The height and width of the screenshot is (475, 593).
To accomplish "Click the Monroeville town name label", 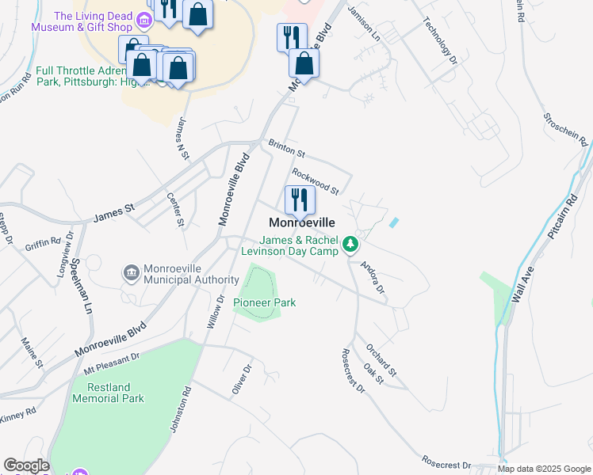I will (302, 223).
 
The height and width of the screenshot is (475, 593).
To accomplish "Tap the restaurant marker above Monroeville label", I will (300, 199).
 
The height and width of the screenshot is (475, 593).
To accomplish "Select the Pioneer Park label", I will (258, 302).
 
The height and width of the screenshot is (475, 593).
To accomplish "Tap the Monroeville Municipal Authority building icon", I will (130, 273).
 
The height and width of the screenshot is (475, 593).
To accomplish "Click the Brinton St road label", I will (286, 148).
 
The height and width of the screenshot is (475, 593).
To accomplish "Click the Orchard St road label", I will (381, 359).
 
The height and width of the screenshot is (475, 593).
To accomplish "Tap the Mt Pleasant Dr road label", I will (112, 364).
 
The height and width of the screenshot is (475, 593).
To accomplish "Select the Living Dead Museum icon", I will (144, 21).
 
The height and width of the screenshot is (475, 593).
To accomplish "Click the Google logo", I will (26, 465).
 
